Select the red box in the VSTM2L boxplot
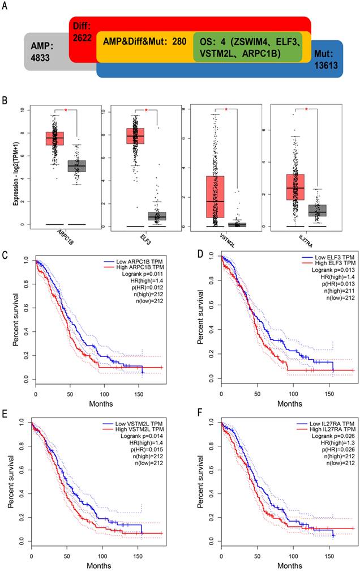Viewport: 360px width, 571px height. click(x=215, y=197)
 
